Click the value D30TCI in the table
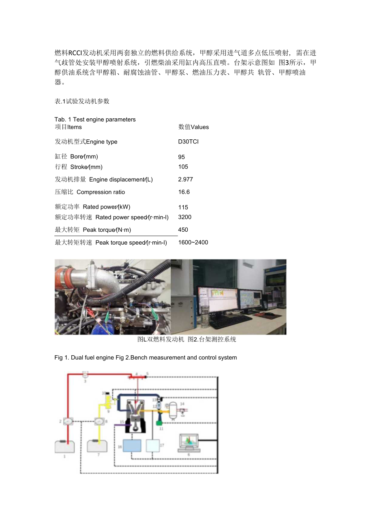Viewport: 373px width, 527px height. [x=188, y=142]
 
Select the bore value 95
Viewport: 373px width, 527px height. [x=182, y=157]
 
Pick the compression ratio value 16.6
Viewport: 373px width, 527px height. [x=184, y=192]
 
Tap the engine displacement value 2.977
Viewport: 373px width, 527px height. [x=186, y=179]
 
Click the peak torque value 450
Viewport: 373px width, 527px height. [x=183, y=230]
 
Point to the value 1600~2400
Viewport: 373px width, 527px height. [x=193, y=243]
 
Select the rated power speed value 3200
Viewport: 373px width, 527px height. [x=185, y=217]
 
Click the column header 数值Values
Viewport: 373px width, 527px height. [x=194, y=127]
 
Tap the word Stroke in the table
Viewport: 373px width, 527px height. [x=79, y=167]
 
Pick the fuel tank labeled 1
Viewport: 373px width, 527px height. [x=64, y=446]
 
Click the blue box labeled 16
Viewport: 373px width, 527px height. [x=132, y=446]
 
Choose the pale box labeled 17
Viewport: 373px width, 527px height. [x=153, y=445]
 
